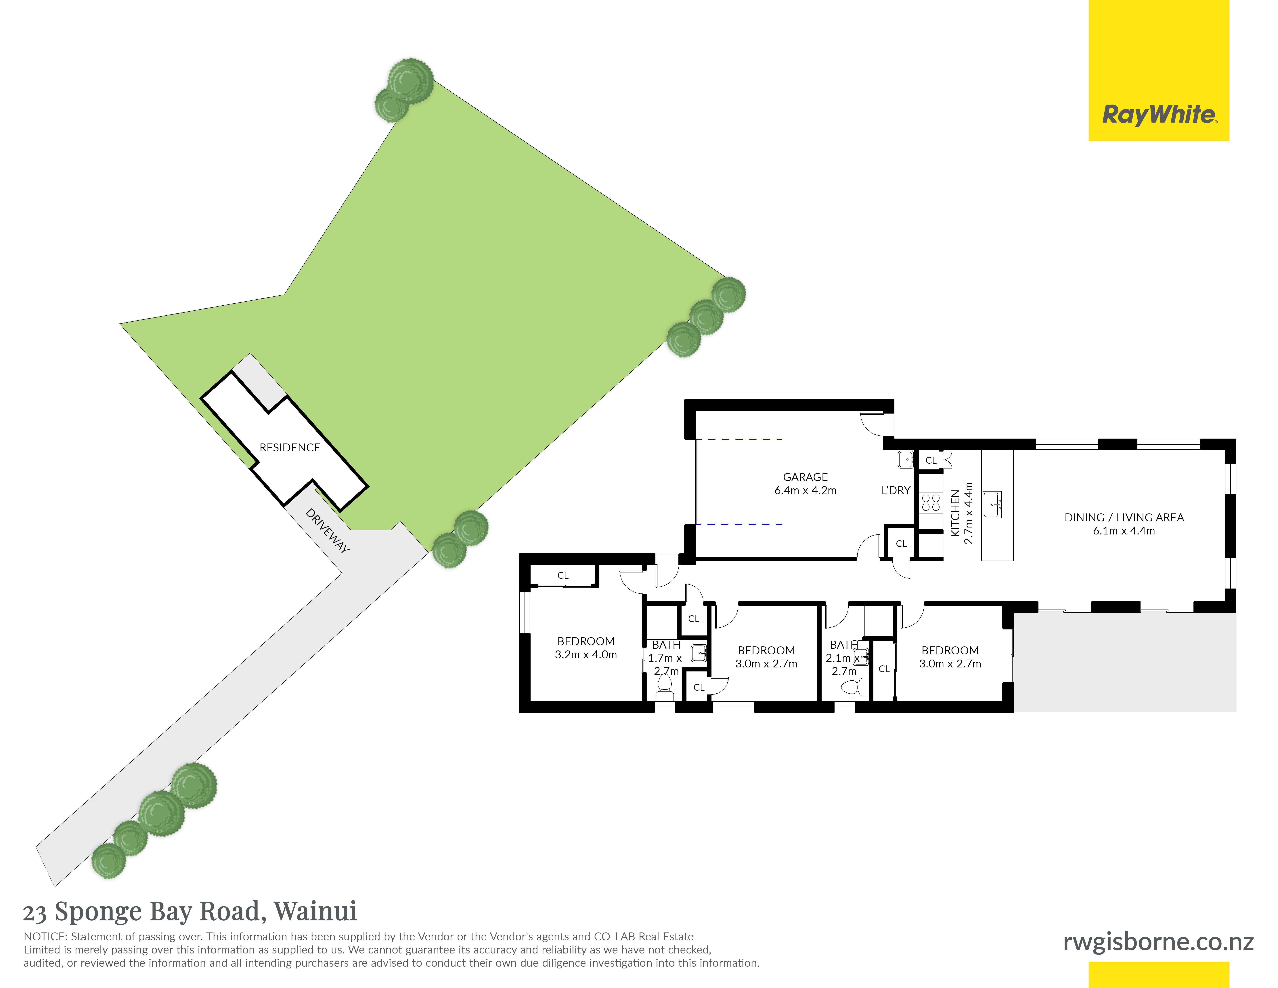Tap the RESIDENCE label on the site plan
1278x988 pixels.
pos(290,448)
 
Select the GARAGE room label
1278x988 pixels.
pos(805,477)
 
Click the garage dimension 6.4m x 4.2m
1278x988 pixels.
pos(805,490)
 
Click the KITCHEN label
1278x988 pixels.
pos(955,513)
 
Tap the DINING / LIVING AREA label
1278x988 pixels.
pos(1124,517)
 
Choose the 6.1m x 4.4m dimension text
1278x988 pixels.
pos(1124,531)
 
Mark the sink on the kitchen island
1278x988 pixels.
pos(992,505)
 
